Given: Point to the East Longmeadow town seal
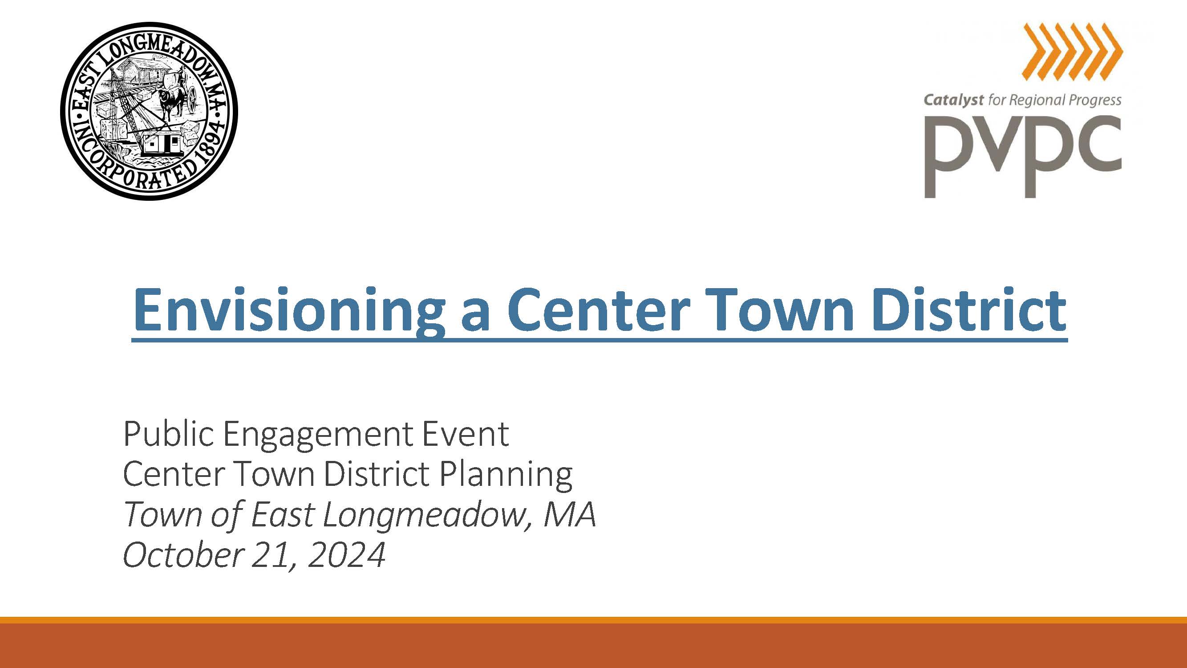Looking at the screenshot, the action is click(x=149, y=111).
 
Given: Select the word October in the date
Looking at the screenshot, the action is click(x=182, y=554).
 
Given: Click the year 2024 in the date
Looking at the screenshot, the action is click(x=345, y=555).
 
